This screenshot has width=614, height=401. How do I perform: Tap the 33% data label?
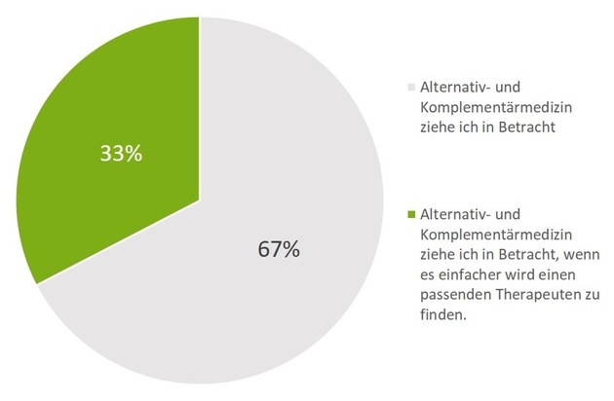[x=122, y=153]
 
